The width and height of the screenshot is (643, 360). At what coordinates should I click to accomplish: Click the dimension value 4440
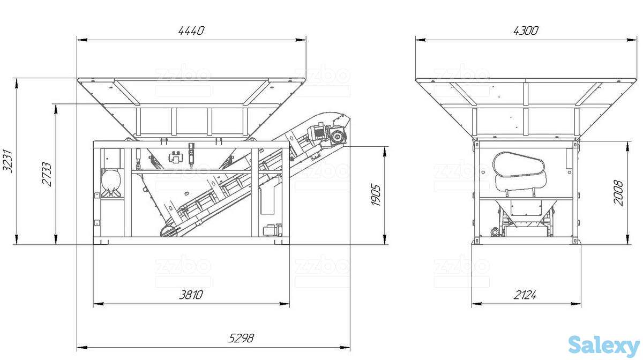coord(191,31)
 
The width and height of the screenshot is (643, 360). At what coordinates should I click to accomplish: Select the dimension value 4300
coord(526,31)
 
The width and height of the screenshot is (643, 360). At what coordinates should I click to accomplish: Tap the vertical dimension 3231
coord(8,161)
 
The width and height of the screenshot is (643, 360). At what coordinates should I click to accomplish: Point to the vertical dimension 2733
coord(47,174)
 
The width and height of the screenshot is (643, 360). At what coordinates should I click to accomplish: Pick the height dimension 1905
coord(376,195)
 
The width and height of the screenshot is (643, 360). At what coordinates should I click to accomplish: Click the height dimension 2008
coord(618,193)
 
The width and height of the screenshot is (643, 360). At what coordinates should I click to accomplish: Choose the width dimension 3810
coord(191,295)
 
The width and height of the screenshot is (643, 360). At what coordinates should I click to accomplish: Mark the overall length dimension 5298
coord(241,338)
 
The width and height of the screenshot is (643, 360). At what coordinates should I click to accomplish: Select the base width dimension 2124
coord(525,295)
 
